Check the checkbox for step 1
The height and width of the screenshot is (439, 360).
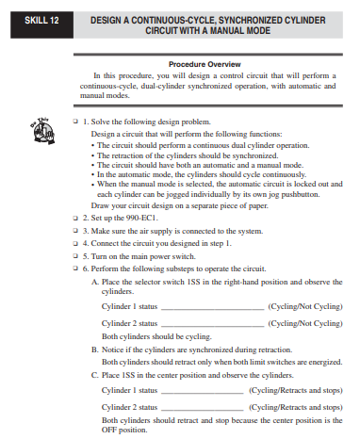click(75, 122)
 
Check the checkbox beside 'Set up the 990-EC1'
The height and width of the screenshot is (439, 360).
click(75, 217)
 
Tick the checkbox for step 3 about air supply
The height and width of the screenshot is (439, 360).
click(75, 230)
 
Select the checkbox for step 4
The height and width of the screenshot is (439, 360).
click(75, 243)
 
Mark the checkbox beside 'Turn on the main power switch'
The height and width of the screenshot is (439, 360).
click(75, 255)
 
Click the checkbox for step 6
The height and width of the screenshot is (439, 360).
click(75, 268)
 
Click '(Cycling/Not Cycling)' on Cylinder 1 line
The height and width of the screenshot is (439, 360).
click(304, 307)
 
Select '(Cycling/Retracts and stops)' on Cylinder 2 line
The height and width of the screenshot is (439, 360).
click(295, 406)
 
